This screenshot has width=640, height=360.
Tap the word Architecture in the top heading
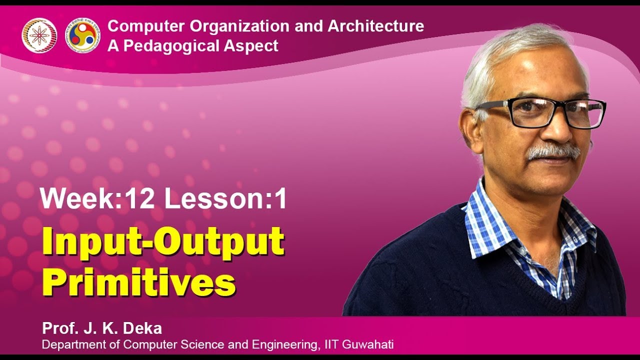click(x=375, y=26)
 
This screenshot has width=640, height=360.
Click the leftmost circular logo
click(x=39, y=34)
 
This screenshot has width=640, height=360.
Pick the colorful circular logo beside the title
click(x=83, y=34)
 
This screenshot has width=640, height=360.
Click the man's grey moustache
click(x=553, y=151)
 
